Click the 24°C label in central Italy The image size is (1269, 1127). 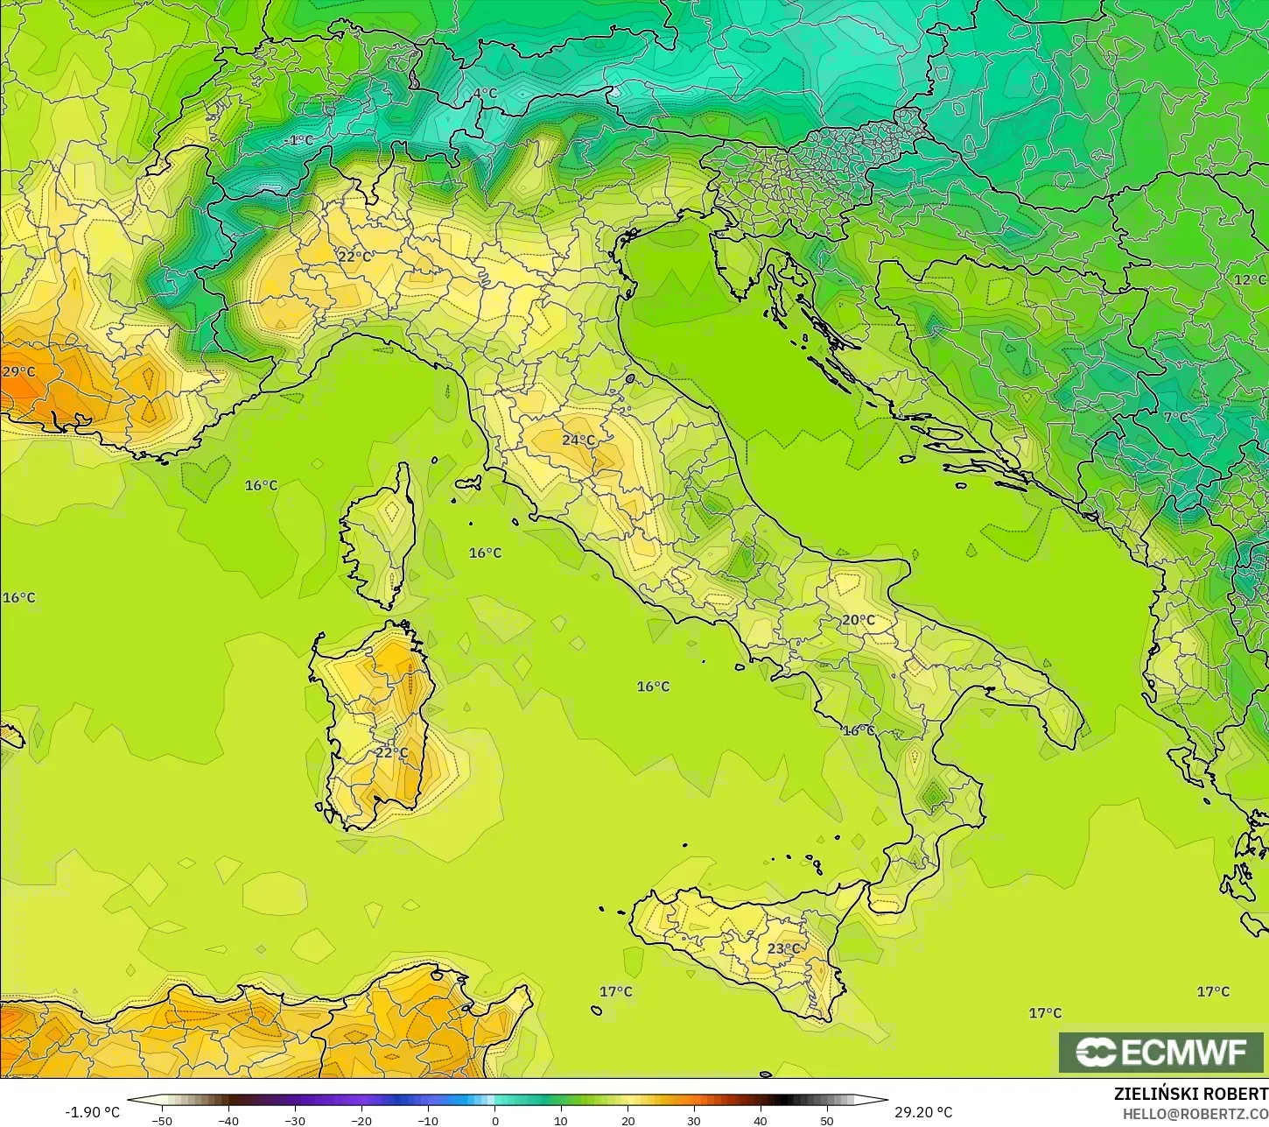click(x=578, y=440)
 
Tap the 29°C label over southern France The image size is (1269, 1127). click(x=18, y=371)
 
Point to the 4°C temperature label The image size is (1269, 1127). click(x=485, y=93)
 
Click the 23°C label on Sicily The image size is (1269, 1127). click(x=783, y=948)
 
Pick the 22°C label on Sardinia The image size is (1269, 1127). click(x=391, y=752)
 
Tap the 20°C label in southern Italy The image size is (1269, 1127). click(x=858, y=620)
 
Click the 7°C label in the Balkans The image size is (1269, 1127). click(x=1175, y=417)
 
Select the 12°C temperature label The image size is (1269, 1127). click(x=1250, y=279)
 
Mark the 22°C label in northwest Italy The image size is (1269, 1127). click(x=354, y=257)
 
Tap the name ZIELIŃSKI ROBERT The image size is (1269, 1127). click(x=1190, y=1094)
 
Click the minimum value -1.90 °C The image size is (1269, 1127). click(x=93, y=1112)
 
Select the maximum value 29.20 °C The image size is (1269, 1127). click(x=922, y=1112)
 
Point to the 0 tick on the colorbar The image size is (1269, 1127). click(x=494, y=1120)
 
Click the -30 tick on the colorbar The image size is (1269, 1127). click(x=295, y=1120)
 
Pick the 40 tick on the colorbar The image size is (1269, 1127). click(x=760, y=1120)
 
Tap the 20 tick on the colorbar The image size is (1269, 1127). click(x=627, y=1120)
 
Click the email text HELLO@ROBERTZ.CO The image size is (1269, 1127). click(x=1195, y=1113)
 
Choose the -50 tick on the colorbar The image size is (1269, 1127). click(x=162, y=1120)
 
